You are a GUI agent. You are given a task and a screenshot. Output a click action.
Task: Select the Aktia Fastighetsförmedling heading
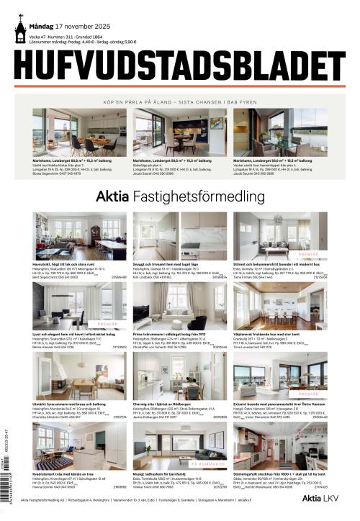click(180, 195)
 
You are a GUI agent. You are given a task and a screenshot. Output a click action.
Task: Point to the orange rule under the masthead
click(180, 86)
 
